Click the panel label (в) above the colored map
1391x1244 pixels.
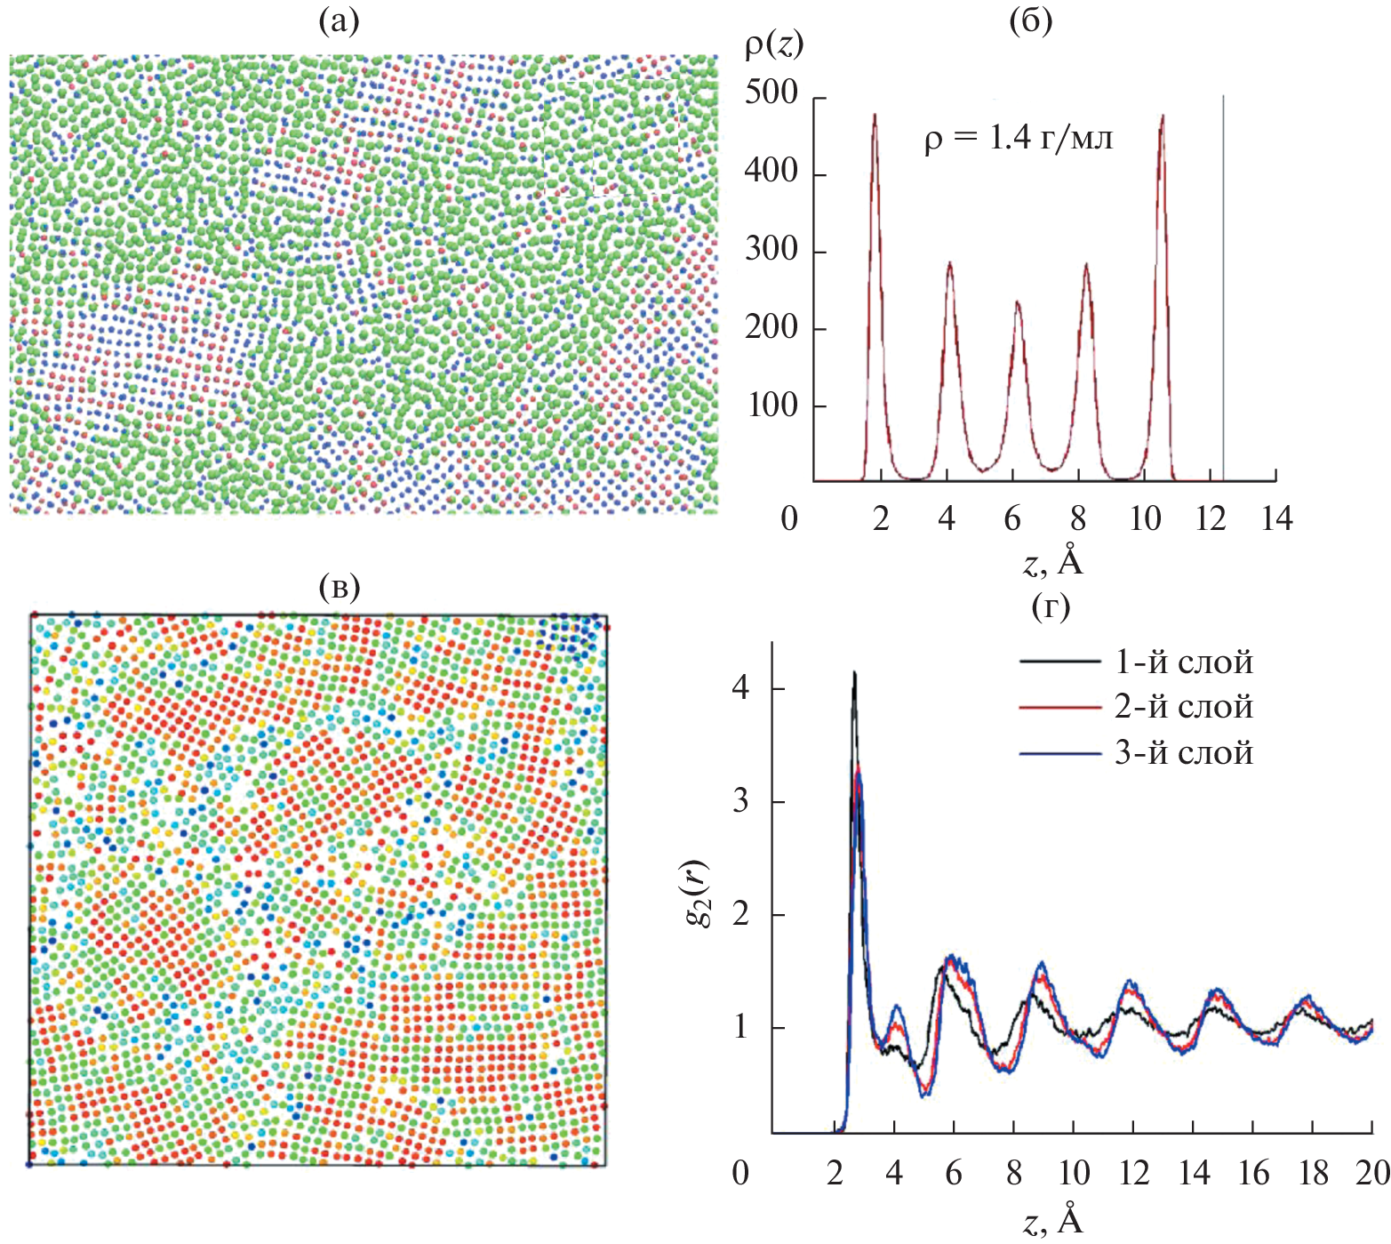[x=339, y=586]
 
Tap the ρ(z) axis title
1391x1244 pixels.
[x=773, y=44]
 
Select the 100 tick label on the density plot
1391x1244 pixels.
[x=771, y=405]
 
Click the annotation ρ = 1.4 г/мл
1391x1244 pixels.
[x=1018, y=139]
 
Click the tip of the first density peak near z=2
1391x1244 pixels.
[x=875, y=115]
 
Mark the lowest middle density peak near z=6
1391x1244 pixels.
[x=1017, y=302]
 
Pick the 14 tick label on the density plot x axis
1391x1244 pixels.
[x=1276, y=518]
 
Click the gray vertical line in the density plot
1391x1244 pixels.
[x=1224, y=285]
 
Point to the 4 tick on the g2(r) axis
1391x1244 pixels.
[x=740, y=688]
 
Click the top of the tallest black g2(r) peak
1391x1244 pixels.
[x=854, y=673]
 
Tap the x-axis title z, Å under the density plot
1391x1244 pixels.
[x=1052, y=562]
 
